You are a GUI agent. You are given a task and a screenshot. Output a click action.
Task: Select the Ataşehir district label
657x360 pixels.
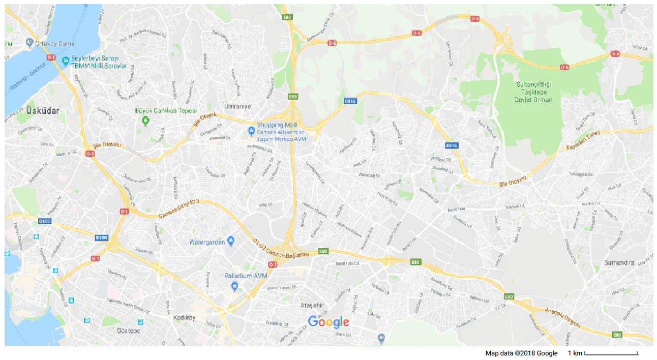pyautogui.click(x=312, y=306)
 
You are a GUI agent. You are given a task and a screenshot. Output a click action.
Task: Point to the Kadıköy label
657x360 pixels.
pyautogui.click(x=185, y=318)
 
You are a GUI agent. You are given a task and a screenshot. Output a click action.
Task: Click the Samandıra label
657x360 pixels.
pyautogui.click(x=618, y=263)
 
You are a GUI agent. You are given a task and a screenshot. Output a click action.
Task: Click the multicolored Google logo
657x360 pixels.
pyautogui.click(x=328, y=322)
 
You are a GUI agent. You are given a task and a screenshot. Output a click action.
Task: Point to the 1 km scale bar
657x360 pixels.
pyautogui.click(x=611, y=353)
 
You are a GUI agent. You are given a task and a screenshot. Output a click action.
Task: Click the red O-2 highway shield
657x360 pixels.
pyautogui.click(x=273, y=264)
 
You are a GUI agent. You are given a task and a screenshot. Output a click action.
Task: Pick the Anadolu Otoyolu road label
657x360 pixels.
pyautogui.click(x=562, y=316)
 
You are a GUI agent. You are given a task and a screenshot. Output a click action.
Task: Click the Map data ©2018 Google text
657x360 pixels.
pyautogui.click(x=521, y=353)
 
